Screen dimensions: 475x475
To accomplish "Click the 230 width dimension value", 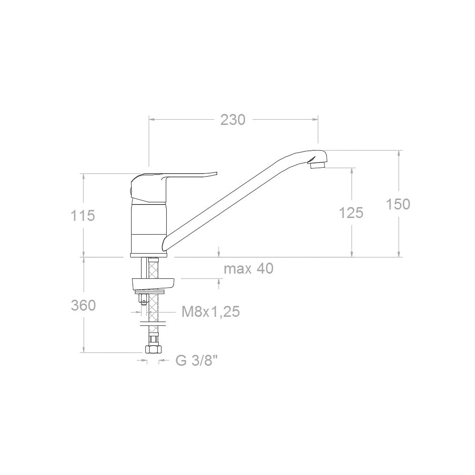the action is tap(233, 120).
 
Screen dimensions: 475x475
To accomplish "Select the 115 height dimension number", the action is tap(83, 216).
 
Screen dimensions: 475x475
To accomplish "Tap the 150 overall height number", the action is tap(398, 204).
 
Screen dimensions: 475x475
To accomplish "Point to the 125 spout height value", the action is tap(351, 213).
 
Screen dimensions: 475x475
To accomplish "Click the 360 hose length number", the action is tap(83, 305).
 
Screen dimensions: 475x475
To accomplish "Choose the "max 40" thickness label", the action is tap(248, 268).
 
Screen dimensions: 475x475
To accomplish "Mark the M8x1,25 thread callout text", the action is tap(211, 312).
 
